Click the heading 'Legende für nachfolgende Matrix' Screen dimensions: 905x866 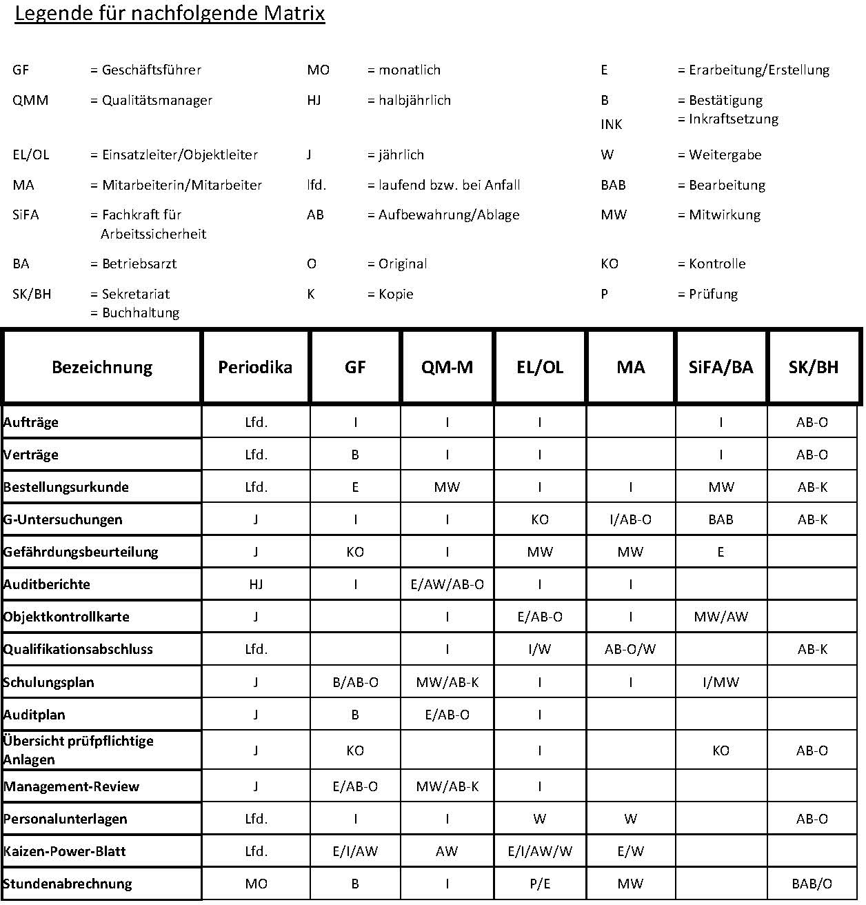click(170, 14)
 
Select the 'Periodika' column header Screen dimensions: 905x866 click(255, 367)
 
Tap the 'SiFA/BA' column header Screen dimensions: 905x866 click(721, 367)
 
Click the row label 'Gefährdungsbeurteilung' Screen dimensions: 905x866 click(81, 552)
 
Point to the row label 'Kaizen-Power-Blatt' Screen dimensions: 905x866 click(65, 851)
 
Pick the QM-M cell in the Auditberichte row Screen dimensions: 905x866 click(447, 584)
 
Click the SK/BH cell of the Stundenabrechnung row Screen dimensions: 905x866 click(812, 884)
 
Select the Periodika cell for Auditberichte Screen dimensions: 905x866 click(256, 584)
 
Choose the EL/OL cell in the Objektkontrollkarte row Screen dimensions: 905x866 click(540, 617)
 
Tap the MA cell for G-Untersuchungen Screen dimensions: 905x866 click(630, 519)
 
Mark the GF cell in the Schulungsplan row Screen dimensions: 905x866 click(355, 682)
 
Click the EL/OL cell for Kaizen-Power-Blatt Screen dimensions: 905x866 click(540, 851)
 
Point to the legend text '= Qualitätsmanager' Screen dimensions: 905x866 click(151, 100)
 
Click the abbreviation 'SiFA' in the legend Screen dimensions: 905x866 click(26, 215)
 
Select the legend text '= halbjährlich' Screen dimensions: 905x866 click(409, 100)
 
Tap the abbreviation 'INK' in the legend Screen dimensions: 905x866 click(612, 124)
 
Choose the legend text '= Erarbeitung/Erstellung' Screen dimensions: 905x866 click(754, 70)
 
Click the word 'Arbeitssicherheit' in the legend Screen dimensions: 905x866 click(154, 234)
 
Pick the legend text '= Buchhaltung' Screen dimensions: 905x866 click(135, 312)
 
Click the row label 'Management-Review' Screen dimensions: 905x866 click(72, 786)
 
